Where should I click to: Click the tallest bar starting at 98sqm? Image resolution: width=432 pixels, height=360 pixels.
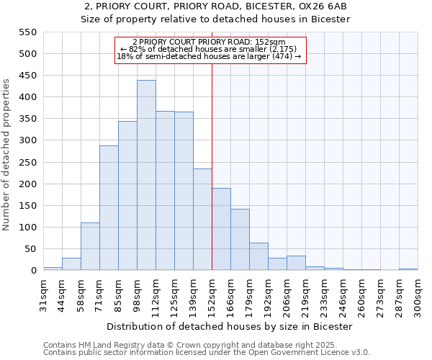pos(146,176)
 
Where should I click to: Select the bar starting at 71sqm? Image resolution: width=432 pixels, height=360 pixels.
pos(109,208)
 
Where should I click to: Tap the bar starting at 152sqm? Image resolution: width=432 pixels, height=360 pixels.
pos(221,229)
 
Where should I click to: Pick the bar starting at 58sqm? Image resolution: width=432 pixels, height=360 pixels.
pos(90,246)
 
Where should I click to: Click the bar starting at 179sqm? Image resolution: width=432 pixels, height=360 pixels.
pos(258,256)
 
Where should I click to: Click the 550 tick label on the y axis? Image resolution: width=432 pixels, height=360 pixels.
pos(27,32)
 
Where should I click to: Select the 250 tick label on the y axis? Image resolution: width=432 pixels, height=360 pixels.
pos(27,163)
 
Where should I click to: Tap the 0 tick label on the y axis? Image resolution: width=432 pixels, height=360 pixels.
pos(32,271)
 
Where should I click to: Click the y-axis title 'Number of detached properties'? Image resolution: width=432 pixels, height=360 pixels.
pos(7,155)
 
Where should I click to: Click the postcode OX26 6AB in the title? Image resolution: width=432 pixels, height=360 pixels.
pos(326,6)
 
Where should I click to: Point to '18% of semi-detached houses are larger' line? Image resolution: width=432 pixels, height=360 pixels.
pos(209,56)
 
